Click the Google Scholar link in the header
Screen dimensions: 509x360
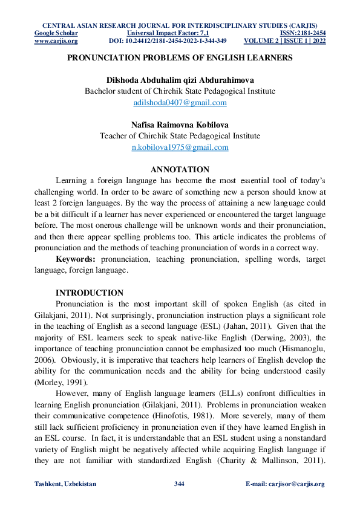coord(52,33)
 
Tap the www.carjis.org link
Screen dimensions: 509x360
coord(56,41)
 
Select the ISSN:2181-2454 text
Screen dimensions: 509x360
coord(303,33)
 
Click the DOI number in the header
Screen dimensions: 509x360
coord(168,41)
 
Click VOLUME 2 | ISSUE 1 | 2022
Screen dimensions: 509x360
coord(284,41)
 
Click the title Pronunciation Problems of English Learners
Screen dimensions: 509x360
coord(180,58)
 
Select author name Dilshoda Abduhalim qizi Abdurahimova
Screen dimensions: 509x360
coord(180,80)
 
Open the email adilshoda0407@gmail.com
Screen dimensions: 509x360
coord(180,103)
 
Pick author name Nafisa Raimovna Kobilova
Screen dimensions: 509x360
coord(180,125)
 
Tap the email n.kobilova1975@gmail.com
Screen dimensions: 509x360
coord(180,148)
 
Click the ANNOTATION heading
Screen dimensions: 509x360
coord(180,169)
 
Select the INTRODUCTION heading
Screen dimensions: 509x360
coord(89,293)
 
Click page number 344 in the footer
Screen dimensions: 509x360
coord(179,484)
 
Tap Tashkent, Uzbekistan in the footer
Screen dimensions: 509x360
coord(66,484)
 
